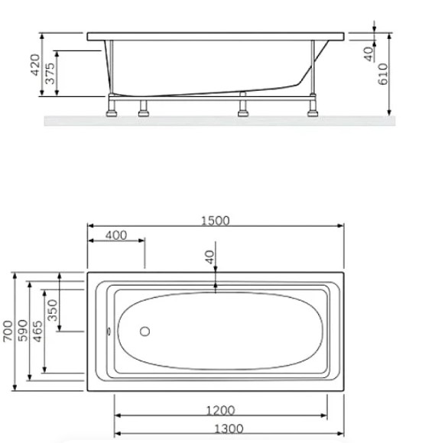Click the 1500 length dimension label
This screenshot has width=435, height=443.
point(216,221)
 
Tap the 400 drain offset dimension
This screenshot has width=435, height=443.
point(116,235)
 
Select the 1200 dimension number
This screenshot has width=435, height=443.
point(221,410)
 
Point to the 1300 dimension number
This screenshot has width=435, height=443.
point(229,429)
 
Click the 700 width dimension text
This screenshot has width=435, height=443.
point(8,331)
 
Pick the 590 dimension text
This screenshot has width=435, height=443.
point(23,331)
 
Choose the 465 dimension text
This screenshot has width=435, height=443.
point(37,331)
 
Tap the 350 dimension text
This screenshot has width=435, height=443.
point(53,310)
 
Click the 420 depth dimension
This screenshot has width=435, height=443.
point(35,65)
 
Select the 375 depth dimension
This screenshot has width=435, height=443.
point(50,73)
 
